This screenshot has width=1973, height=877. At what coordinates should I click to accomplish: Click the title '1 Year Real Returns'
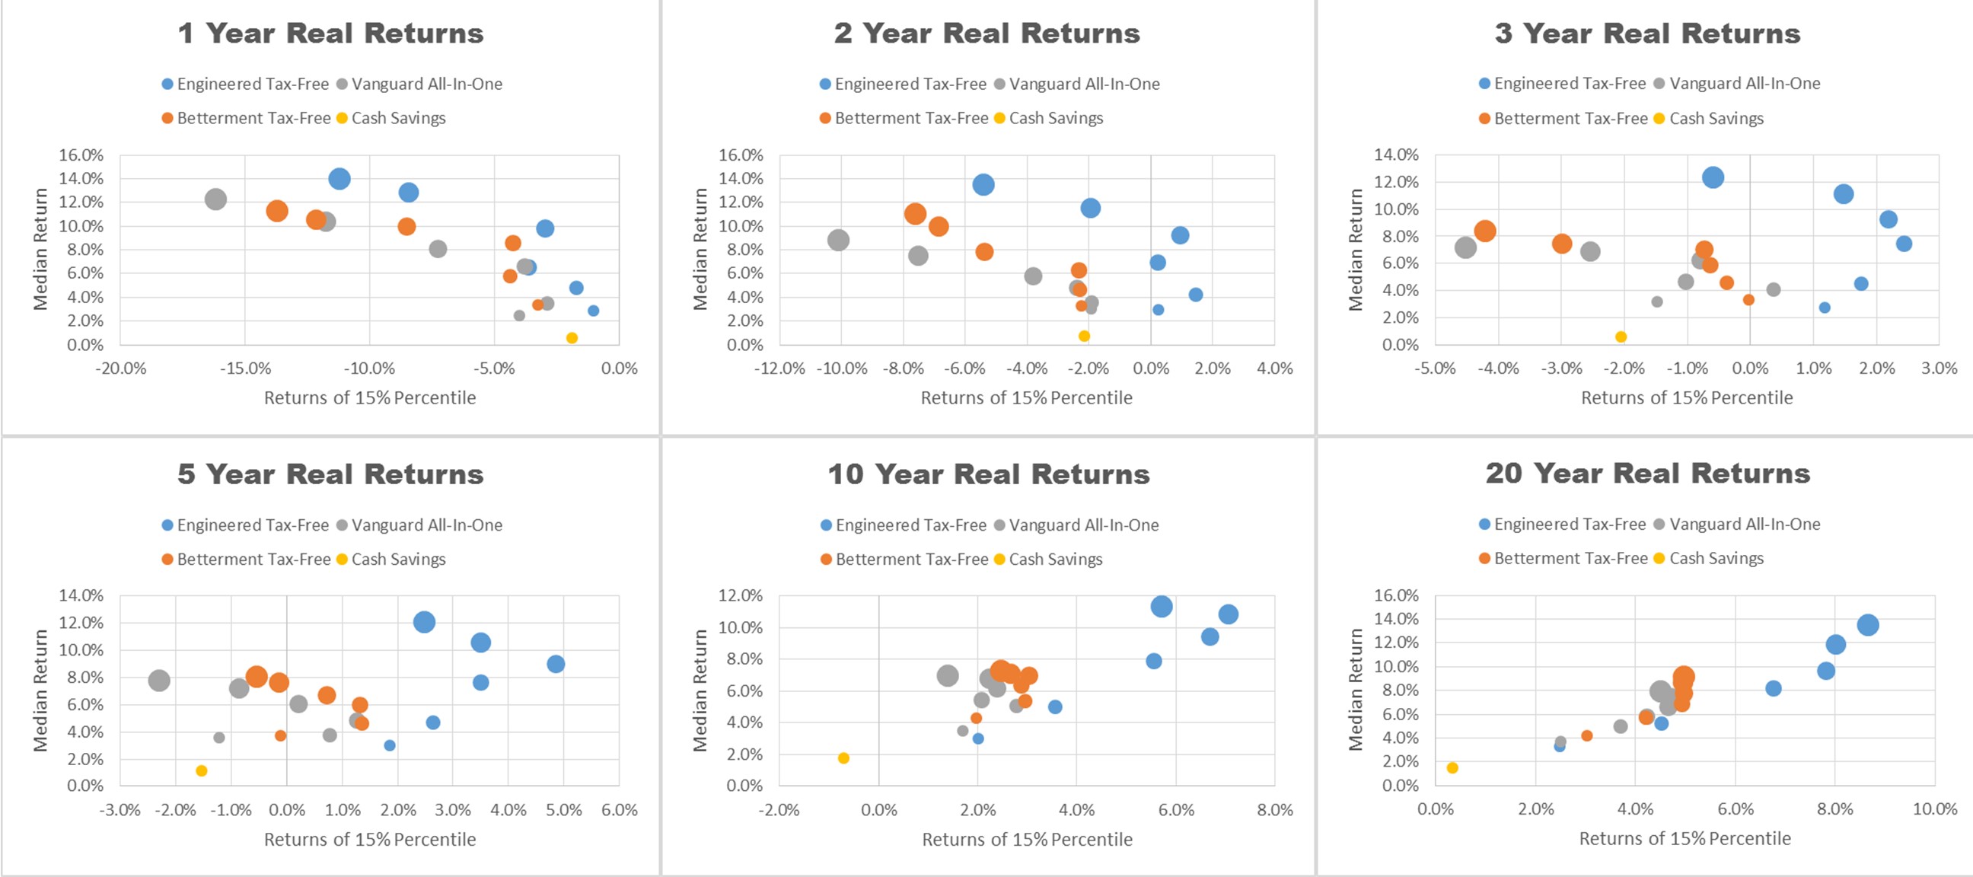(330, 33)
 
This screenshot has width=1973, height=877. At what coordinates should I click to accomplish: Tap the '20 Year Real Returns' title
(1647, 474)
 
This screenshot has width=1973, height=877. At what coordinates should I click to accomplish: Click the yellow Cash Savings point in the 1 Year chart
(572, 338)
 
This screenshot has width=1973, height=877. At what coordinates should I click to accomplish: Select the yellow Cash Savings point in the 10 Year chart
(843, 758)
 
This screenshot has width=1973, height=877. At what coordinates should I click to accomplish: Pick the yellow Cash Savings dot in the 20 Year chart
(1452, 767)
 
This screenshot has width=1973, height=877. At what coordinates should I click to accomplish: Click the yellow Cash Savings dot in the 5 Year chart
(202, 770)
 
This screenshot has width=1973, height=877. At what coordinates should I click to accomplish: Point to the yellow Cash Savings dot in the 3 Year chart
(1621, 337)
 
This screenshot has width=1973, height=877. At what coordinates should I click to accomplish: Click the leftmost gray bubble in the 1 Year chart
(216, 199)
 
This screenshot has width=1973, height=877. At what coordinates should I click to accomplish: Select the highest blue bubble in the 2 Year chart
(983, 184)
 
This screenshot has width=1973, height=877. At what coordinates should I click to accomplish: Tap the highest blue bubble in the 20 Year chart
(1868, 625)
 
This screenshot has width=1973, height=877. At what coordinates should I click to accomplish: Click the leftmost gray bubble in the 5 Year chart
(158, 680)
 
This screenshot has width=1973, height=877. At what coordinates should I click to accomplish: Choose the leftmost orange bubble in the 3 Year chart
(1485, 231)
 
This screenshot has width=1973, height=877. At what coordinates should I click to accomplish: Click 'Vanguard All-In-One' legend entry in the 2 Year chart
(1077, 85)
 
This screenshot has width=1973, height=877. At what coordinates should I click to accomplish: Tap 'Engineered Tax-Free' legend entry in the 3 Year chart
(1563, 84)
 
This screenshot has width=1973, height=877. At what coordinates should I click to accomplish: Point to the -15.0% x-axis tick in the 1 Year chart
(245, 368)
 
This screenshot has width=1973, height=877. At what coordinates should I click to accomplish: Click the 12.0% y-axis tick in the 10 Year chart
(740, 596)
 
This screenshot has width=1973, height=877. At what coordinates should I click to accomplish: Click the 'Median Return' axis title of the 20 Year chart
(1356, 690)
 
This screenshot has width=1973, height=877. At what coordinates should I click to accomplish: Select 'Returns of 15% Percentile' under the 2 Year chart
(1026, 398)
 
